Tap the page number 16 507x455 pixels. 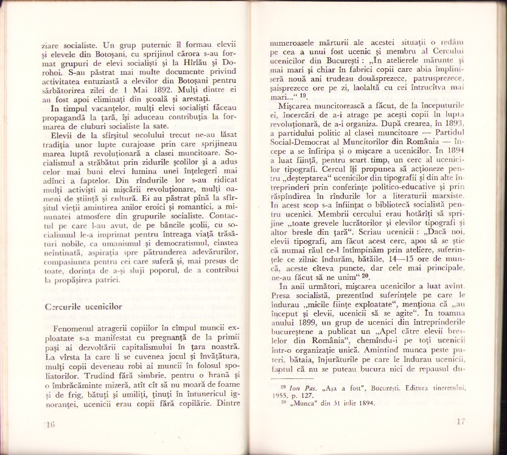pos(49,425)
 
